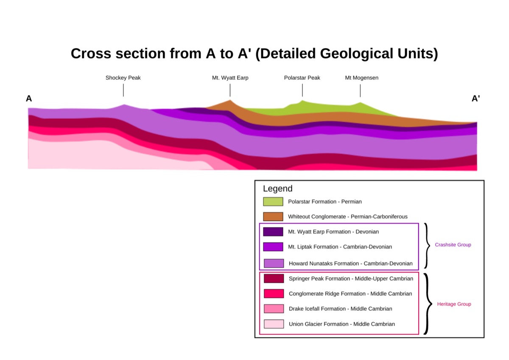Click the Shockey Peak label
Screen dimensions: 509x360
point(123,78)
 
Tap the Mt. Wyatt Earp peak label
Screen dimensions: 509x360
point(230,78)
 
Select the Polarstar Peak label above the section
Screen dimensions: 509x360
point(302,78)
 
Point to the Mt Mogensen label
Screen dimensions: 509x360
point(362,78)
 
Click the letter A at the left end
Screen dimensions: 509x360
point(29,98)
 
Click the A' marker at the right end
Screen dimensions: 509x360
point(475,98)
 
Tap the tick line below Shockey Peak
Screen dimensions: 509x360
point(123,90)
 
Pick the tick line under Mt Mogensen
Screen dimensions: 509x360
point(360,90)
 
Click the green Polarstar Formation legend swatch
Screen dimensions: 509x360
point(273,202)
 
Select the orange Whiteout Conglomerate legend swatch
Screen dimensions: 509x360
point(273,217)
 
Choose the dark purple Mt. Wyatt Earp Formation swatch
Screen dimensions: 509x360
point(273,232)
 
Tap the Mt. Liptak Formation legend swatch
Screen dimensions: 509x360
point(273,247)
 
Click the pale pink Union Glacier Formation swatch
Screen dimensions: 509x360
point(274,324)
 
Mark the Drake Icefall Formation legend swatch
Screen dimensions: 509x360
point(274,309)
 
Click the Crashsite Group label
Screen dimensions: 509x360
point(453,245)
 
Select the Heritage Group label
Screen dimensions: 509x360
point(454,304)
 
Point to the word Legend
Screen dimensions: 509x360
point(278,188)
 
